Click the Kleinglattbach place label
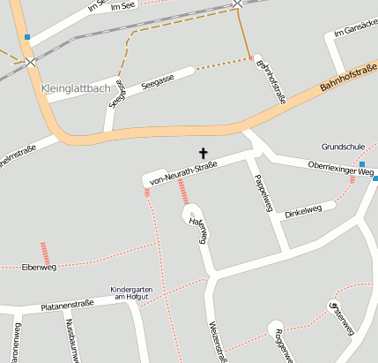coord(77,88)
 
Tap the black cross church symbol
coord(204,154)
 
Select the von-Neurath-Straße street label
coord(183,173)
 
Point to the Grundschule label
coord(342,147)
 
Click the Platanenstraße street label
coord(67,306)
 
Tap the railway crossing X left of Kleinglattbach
coord(32,62)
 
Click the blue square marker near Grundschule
coord(375,178)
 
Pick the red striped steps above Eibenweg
coord(43,251)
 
